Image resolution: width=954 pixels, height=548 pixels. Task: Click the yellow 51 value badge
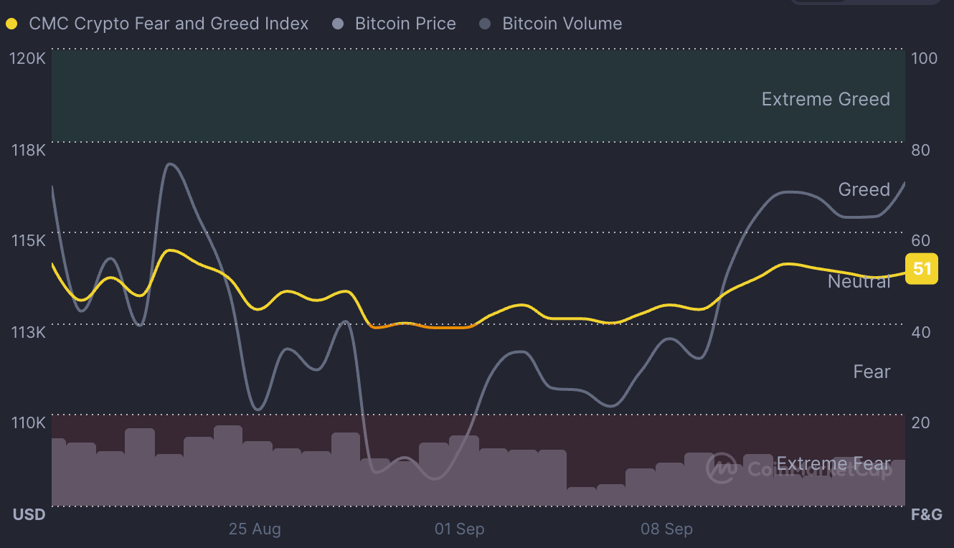922,269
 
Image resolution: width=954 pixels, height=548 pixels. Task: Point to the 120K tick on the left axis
28,58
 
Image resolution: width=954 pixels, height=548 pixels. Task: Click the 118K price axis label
28,150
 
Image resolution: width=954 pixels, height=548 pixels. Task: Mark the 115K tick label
28,240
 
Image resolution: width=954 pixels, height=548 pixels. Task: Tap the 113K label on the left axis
28,331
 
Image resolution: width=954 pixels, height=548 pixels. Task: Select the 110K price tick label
28,422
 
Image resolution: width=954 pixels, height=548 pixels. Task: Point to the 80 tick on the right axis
920,150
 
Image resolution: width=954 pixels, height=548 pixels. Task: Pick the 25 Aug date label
255,529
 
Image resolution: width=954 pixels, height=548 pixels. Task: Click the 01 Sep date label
459,529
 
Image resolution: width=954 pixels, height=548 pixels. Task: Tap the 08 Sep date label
666,529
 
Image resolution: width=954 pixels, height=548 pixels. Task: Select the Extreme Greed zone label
826,99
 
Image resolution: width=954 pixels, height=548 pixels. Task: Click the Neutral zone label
859,281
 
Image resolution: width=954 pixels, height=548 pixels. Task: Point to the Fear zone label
872,372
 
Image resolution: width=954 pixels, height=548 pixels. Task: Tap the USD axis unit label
29,514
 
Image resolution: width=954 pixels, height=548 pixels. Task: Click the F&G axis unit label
926,514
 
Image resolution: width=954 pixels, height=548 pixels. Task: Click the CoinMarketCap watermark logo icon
722,468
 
